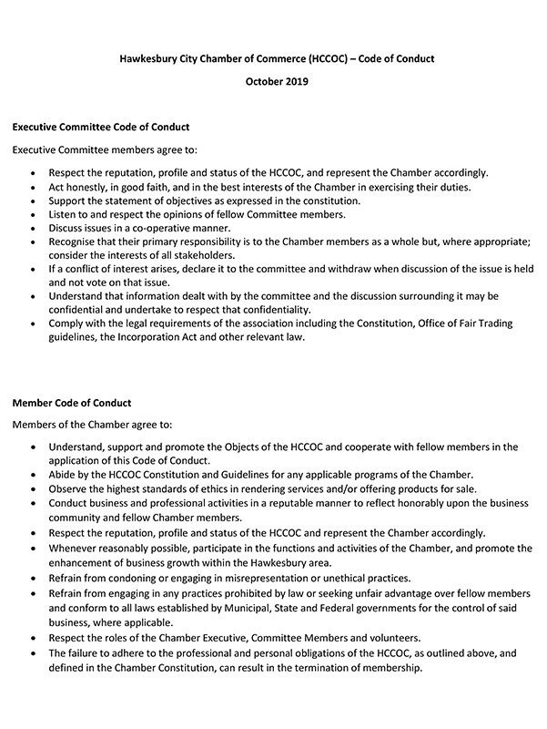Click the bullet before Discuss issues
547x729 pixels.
(x=34, y=229)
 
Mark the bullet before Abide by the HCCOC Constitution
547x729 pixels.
(x=34, y=475)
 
